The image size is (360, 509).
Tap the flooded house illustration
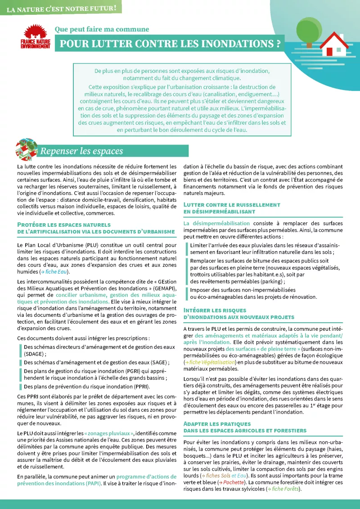[335, 45]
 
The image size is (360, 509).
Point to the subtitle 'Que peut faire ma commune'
[102, 29]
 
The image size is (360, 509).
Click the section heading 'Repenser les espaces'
[81, 151]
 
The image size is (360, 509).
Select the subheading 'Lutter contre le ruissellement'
[232, 204]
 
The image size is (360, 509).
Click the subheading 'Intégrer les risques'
[215, 310]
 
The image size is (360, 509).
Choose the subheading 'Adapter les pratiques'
[217, 424]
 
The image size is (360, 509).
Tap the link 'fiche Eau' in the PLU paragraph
[55, 272]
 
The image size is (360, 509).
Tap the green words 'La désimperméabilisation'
[217, 223]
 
